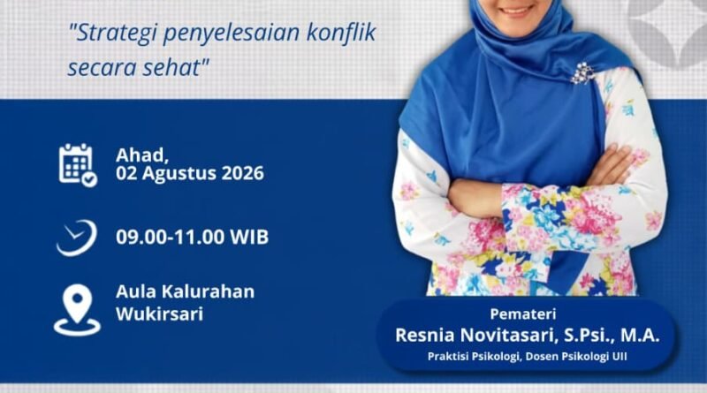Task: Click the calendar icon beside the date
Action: [78, 165]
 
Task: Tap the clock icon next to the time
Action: [77, 238]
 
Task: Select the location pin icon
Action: [77, 310]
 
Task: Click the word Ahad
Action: [142, 155]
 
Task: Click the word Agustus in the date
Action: [179, 174]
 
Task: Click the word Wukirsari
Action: [160, 314]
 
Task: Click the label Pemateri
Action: [523, 314]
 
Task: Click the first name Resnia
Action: [425, 336]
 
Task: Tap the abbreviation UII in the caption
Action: [620, 357]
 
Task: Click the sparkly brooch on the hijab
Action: [582, 72]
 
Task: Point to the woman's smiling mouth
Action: [517, 10]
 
